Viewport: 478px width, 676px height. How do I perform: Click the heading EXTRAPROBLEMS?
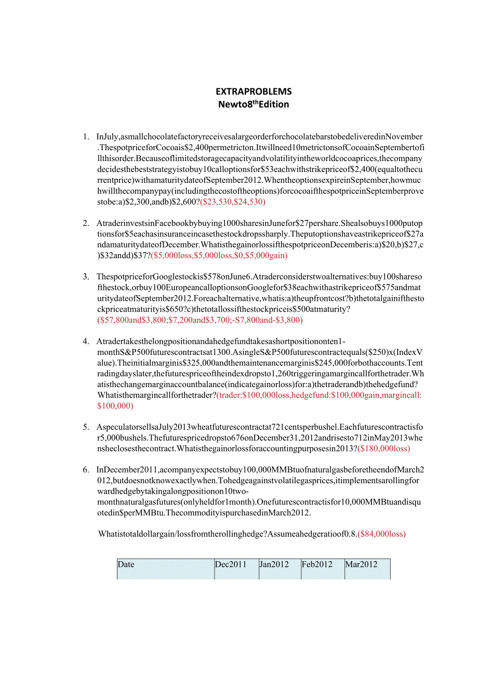pos(254,91)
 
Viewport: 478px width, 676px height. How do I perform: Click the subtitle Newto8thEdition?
pos(254,104)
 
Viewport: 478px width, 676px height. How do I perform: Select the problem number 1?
pos(86,137)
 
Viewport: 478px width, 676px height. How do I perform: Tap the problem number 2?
pos(86,223)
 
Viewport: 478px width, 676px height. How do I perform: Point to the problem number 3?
pos(86,276)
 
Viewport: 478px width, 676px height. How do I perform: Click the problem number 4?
pos(86,341)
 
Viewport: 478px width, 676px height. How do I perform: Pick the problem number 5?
pos(86,427)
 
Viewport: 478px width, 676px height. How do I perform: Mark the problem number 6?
pos(86,470)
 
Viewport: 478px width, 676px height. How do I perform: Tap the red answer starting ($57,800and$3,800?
pos(200,320)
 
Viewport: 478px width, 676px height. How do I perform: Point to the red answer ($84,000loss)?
pos(382,534)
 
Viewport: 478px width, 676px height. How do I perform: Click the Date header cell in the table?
pos(126,564)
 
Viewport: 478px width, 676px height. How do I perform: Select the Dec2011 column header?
pos(231,564)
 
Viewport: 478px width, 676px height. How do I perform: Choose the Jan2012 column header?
pos(274,564)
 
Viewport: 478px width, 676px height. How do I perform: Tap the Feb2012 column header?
pos(317,564)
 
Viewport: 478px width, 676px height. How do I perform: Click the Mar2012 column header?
pos(362,564)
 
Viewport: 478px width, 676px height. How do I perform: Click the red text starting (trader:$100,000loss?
pos(319,395)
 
